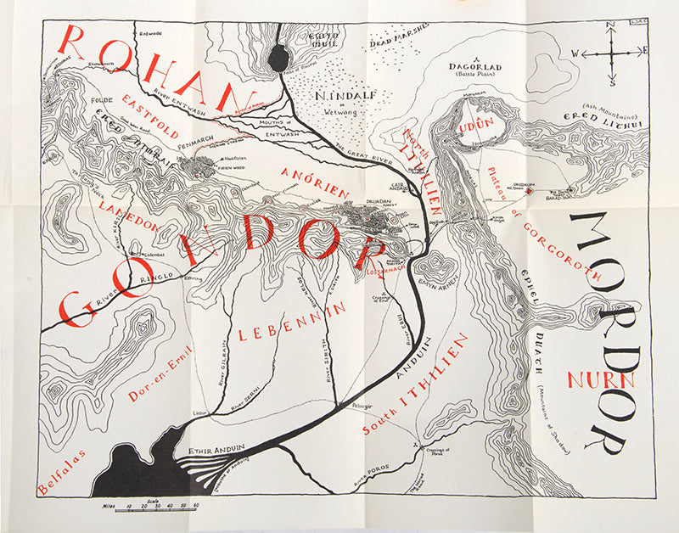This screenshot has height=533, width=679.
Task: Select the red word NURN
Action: point(601,379)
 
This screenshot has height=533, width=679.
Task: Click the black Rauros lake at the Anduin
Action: point(278,59)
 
